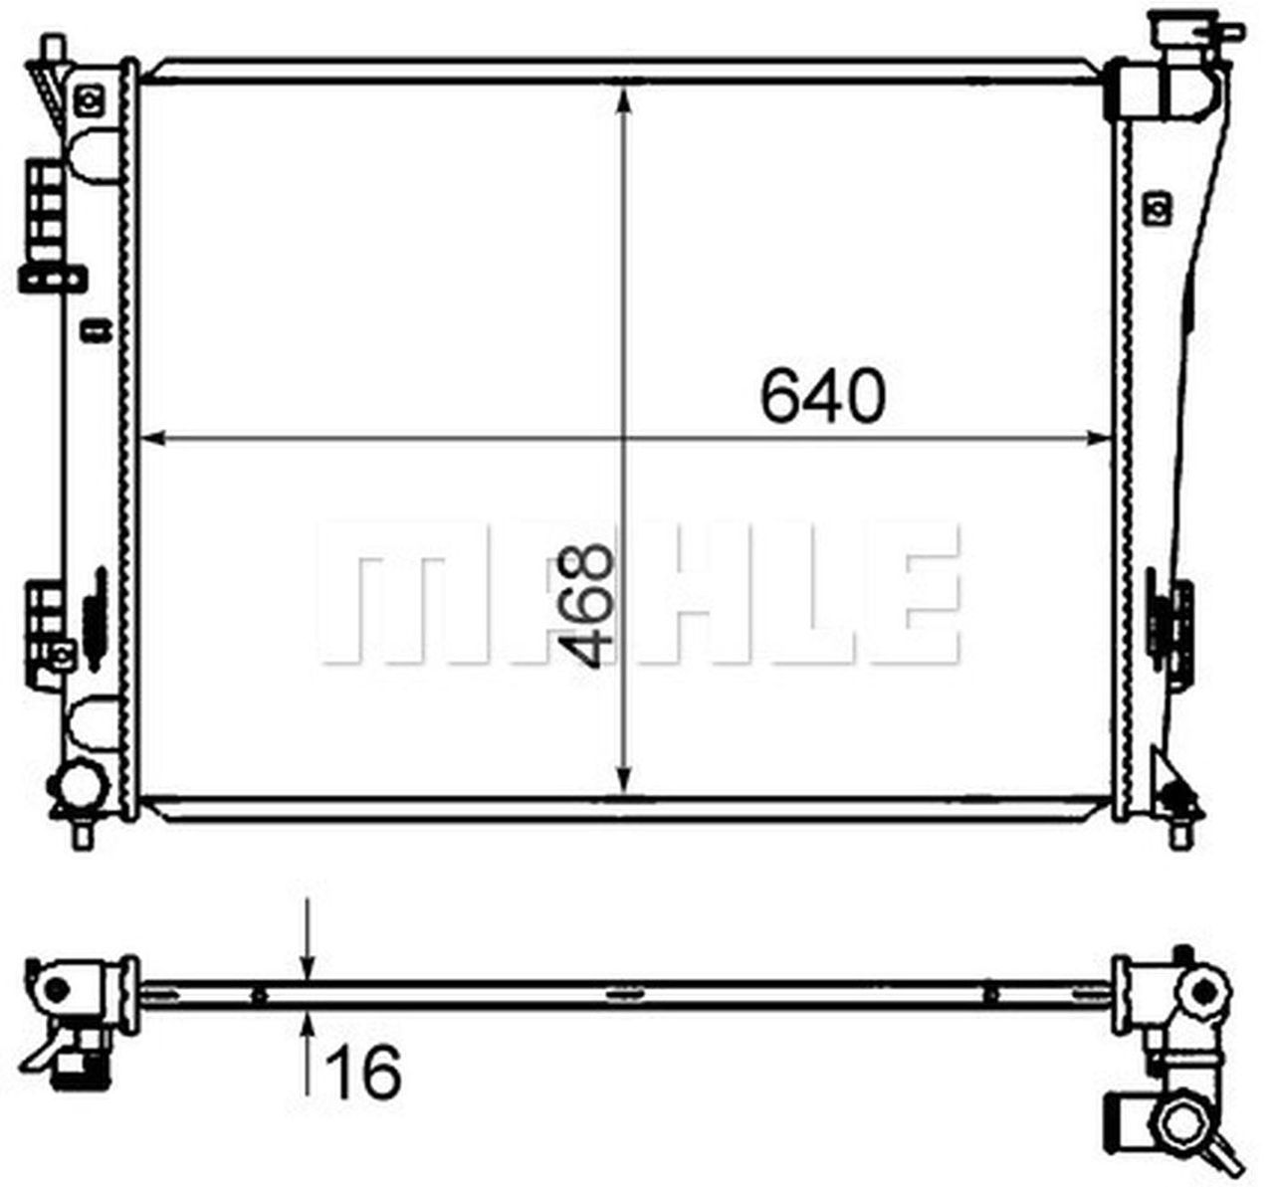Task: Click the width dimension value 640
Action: click(821, 396)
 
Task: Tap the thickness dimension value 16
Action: click(363, 1072)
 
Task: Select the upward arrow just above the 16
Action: click(309, 1025)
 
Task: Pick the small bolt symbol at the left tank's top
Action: click(90, 99)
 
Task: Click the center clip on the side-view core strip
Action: click(624, 994)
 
